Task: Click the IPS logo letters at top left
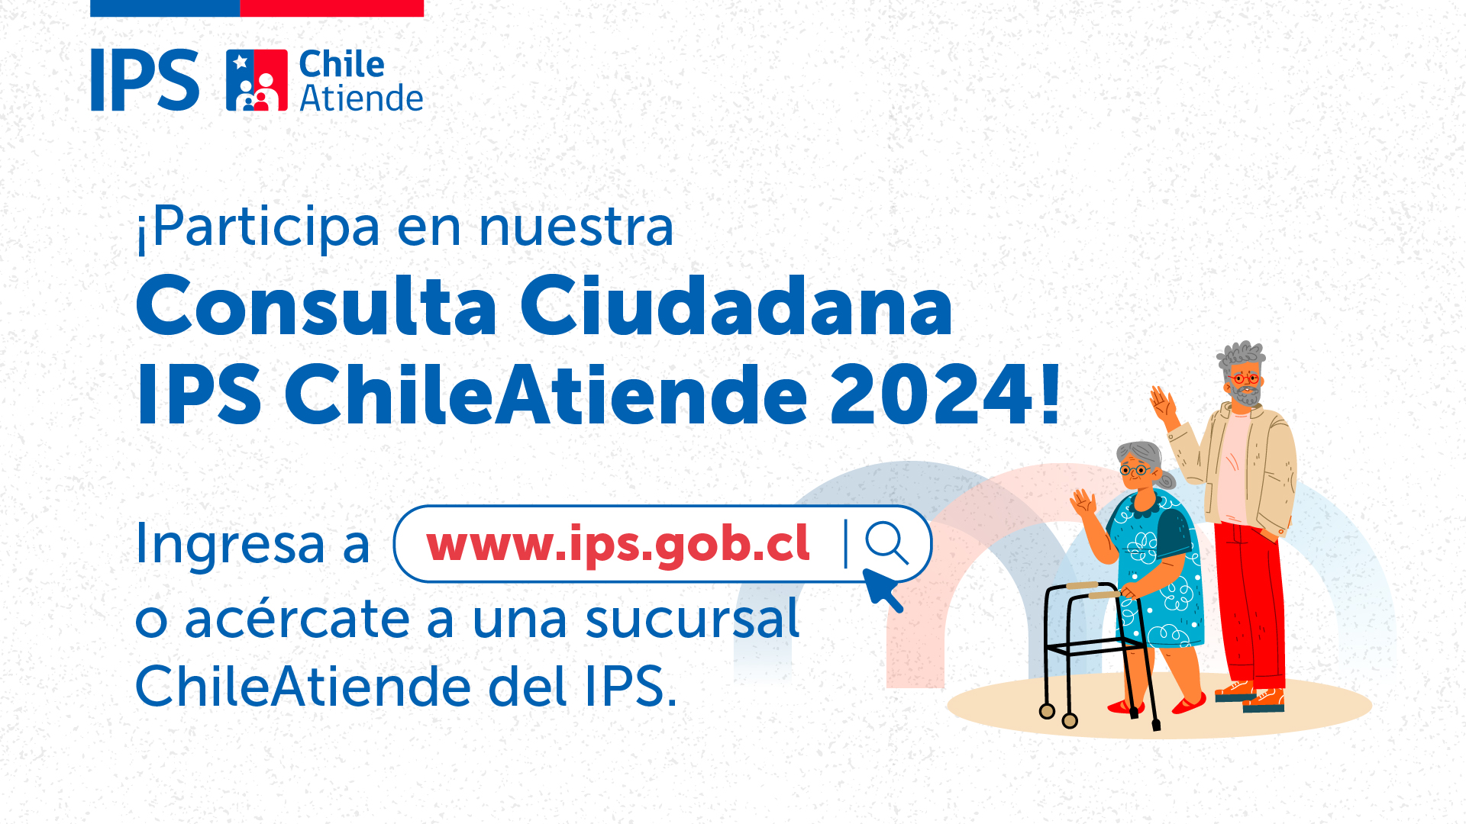point(144,80)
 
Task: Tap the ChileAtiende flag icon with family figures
point(257,80)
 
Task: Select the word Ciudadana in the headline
point(737,306)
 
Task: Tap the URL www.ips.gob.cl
point(618,544)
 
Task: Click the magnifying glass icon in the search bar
point(886,542)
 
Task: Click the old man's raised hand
point(1163,405)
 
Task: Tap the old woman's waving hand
point(1083,504)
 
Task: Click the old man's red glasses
point(1245,378)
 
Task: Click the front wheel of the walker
point(1070,720)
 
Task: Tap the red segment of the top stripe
point(331,8)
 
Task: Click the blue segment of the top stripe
point(165,8)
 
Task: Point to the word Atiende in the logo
point(361,98)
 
